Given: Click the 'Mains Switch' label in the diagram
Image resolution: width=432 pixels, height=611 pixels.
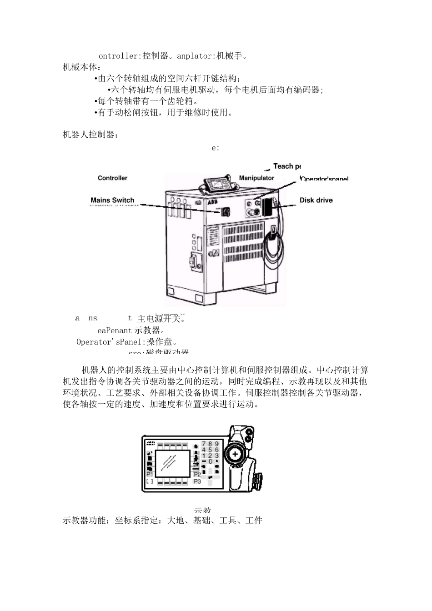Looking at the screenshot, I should [112, 200].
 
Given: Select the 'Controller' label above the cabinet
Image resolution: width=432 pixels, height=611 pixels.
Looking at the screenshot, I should [112, 178].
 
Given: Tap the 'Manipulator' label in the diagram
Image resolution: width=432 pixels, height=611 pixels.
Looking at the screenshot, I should [256, 178].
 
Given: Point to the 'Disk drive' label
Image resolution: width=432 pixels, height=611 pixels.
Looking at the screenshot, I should [316, 200].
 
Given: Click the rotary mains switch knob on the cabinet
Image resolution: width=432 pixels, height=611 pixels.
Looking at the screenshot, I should [226, 212].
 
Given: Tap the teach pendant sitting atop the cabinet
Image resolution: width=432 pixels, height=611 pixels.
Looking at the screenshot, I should [218, 185].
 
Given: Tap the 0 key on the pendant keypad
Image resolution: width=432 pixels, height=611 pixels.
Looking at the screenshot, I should [210, 461].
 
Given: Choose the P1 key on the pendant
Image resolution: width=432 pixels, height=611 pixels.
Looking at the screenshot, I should [150, 474].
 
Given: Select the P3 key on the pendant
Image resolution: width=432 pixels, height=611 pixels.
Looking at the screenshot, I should [197, 481].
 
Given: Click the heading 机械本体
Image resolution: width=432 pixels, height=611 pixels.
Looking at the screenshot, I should [79, 67].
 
